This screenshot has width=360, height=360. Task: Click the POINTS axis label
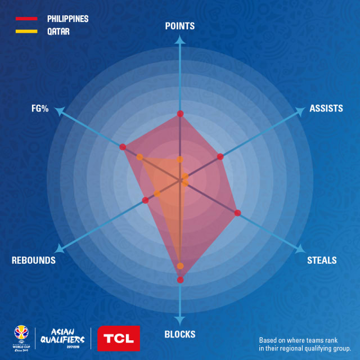(180, 26)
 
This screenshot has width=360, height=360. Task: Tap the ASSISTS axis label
(326, 109)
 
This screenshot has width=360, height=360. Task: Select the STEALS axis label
(322, 260)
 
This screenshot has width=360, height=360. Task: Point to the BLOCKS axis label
(180, 334)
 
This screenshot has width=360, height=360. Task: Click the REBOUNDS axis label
(34, 260)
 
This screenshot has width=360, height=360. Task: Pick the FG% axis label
(40, 109)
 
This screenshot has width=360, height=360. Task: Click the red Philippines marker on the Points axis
(180, 114)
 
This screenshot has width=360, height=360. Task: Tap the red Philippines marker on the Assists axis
(220, 156)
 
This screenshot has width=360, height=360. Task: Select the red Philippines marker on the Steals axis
(237, 213)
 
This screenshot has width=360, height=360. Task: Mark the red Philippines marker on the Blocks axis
(180, 280)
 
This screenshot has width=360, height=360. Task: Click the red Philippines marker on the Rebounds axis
(145, 200)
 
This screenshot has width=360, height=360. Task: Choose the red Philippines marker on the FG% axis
(123, 147)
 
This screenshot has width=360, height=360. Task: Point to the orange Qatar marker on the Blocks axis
(180, 266)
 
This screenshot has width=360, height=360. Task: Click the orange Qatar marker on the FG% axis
(139, 157)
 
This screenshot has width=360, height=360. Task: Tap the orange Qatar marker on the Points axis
(180, 160)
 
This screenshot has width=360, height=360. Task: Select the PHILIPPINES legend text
(67, 19)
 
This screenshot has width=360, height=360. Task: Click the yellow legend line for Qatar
(26, 31)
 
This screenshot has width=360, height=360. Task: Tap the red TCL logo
(119, 339)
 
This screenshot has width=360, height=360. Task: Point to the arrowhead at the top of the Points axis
(180, 39)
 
